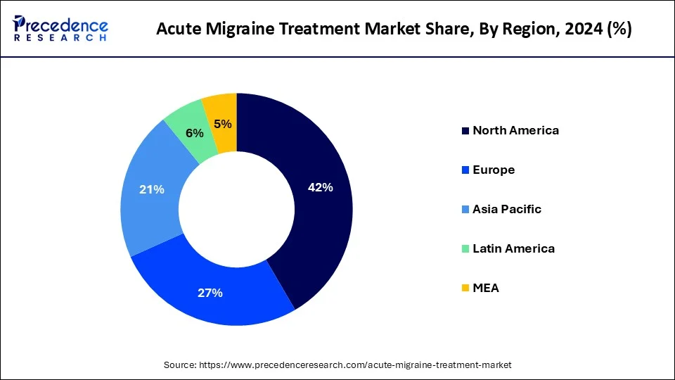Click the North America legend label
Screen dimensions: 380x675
[515, 130]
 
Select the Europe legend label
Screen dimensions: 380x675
[494, 170]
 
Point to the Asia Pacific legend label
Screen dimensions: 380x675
[506, 209]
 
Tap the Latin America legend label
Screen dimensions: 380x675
[513, 248]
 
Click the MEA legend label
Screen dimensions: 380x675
[486, 288]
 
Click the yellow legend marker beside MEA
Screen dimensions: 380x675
[465, 288]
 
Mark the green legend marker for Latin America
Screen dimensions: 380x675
[465, 248]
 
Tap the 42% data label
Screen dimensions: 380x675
[320, 187]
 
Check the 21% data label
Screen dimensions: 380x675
[152, 189]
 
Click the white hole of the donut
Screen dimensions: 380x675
[236, 209]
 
